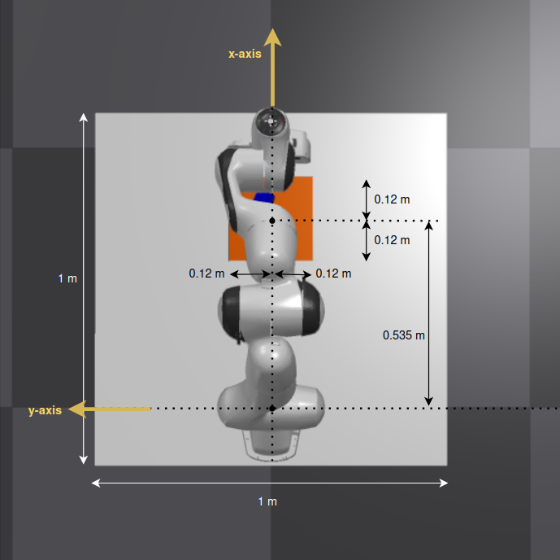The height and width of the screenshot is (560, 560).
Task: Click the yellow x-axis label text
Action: point(245,54)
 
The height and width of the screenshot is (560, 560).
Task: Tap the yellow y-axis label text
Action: point(45,410)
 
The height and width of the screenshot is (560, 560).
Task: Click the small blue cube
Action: point(264,198)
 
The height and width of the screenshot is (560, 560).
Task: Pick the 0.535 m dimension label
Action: point(404,335)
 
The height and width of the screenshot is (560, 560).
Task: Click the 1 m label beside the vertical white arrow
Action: point(67,278)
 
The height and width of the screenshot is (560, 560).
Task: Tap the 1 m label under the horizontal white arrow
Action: point(267,501)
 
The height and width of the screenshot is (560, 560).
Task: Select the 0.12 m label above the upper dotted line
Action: point(392,199)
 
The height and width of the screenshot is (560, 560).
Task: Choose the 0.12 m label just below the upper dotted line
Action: point(392,240)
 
